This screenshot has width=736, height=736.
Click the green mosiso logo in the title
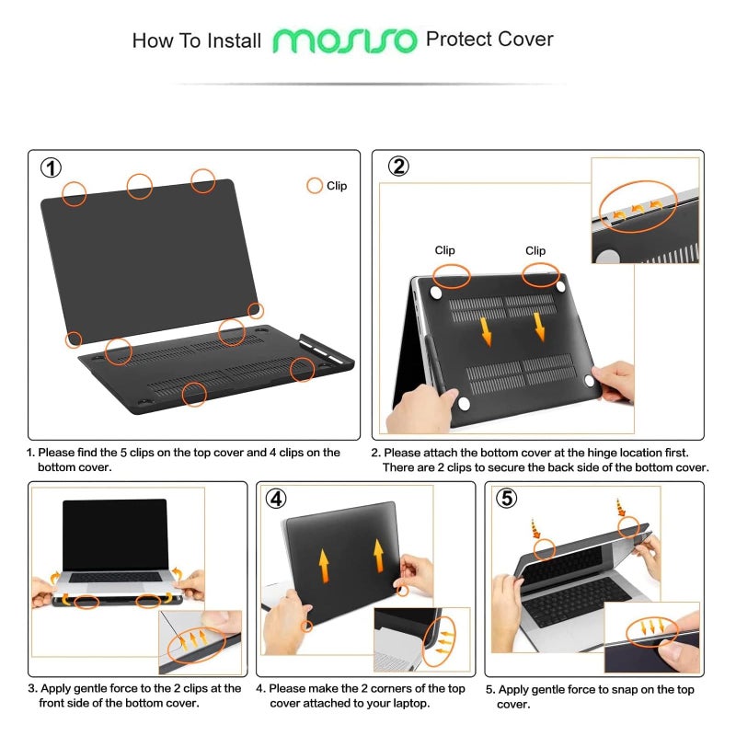345,40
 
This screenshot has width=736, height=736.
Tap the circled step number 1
52,167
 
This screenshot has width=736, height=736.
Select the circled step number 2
398,167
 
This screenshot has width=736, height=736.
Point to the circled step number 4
276,498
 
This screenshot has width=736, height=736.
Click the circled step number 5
505,498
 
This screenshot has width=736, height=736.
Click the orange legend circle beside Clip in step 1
315,186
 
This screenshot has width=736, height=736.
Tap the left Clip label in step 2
444,250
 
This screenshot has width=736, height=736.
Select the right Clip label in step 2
535,250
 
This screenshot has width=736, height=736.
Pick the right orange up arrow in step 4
377,556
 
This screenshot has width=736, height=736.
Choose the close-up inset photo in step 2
644,211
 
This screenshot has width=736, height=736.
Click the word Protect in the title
457,40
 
